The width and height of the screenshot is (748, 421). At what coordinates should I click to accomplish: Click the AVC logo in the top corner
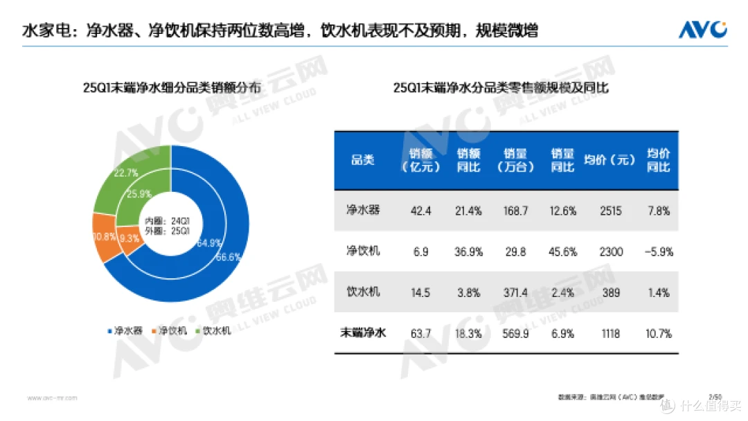(x=702, y=30)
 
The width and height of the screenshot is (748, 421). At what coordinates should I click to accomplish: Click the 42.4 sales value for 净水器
(x=420, y=210)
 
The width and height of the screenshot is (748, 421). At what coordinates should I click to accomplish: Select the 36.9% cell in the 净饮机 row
(x=468, y=252)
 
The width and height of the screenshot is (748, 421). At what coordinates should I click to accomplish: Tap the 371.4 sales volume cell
(x=515, y=292)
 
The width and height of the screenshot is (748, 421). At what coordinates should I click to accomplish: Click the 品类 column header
(x=363, y=161)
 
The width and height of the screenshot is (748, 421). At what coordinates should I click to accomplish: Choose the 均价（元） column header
(x=609, y=161)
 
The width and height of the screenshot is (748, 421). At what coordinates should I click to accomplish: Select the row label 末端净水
(x=364, y=333)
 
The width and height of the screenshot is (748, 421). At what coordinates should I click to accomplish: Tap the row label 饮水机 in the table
(x=363, y=292)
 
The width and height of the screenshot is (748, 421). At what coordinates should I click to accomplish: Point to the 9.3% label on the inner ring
(x=129, y=238)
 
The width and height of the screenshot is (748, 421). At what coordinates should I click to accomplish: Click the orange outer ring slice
(x=104, y=238)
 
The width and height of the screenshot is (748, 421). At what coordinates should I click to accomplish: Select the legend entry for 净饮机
(x=169, y=330)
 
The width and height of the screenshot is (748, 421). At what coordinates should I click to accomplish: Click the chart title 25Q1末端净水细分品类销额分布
(x=171, y=88)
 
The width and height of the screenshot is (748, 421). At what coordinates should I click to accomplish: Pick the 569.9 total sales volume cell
(x=515, y=333)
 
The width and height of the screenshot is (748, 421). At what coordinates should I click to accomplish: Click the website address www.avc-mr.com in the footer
(x=52, y=398)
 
